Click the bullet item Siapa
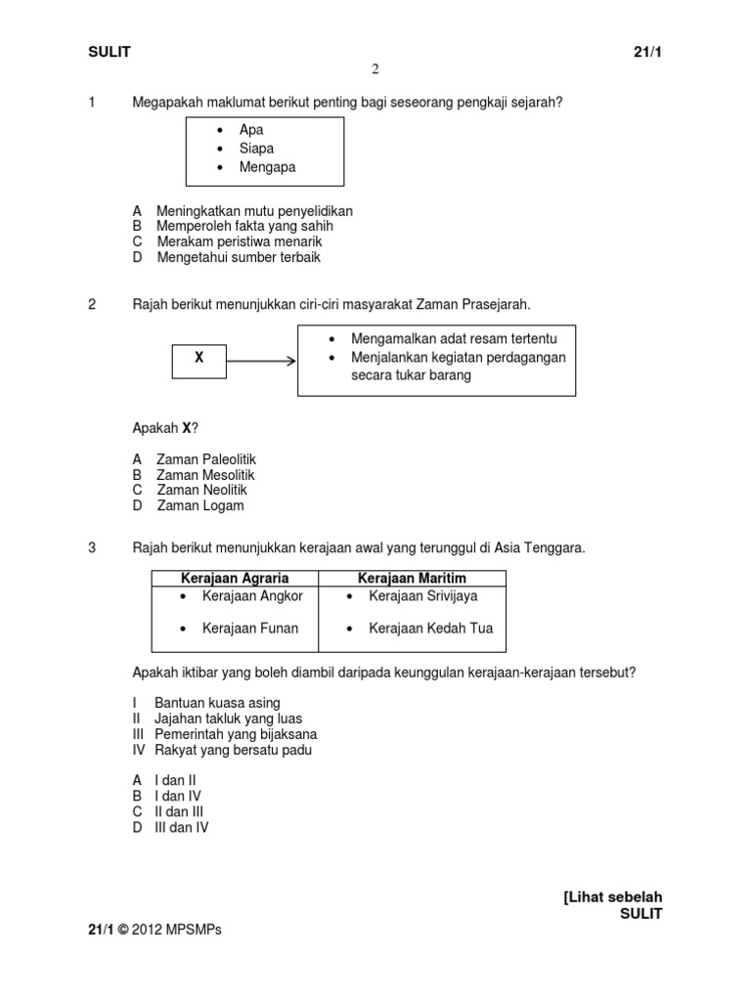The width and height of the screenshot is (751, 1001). pos(256,149)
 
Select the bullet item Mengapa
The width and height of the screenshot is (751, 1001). pos(267,167)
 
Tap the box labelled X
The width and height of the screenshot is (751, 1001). pos(199,359)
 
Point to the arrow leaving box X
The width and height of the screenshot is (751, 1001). pos(261,361)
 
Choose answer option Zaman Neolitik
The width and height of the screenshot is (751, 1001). pos(201,490)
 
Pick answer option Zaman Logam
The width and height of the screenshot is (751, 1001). pos(199,505)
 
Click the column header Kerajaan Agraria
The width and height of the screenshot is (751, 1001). pos(235,579)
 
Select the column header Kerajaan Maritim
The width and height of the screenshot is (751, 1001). pos(412,579)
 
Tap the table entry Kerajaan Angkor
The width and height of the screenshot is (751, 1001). pos(252,596)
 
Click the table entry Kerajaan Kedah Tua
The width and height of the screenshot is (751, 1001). pos(430,629)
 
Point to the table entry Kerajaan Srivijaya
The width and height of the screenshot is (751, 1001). pos(423,596)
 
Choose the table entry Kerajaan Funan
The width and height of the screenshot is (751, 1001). pos(250,629)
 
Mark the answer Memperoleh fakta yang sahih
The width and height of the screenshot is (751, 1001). pos(244,226)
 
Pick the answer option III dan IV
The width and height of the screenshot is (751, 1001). pos(181,827)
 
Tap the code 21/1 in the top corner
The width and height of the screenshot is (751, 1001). pos(648,52)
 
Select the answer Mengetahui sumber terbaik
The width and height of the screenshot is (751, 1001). pos(238,257)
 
